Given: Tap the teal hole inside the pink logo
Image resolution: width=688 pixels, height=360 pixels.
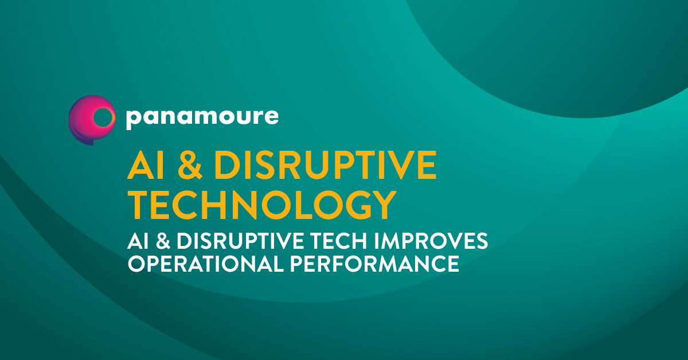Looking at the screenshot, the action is tap(103, 117).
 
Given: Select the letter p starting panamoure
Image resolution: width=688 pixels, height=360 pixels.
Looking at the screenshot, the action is tap(134, 119).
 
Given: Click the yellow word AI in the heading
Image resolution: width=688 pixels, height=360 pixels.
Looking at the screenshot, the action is tap(146, 165).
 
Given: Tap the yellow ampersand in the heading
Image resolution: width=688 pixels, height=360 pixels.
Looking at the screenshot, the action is tap(190, 165).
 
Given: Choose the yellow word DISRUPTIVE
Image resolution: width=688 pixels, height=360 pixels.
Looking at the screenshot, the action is tap(325, 165).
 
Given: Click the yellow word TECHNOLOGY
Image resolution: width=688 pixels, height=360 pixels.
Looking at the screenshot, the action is tap(262, 205).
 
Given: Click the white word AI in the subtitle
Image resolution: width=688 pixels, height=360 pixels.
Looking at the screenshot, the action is tap(138, 241).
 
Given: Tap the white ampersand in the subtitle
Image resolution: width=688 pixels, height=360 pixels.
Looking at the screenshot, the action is tap(163, 241).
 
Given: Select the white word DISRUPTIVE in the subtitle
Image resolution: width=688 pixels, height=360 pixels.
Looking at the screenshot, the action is tap(240, 241).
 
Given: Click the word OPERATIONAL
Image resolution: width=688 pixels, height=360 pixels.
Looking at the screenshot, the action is tap(206, 264).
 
